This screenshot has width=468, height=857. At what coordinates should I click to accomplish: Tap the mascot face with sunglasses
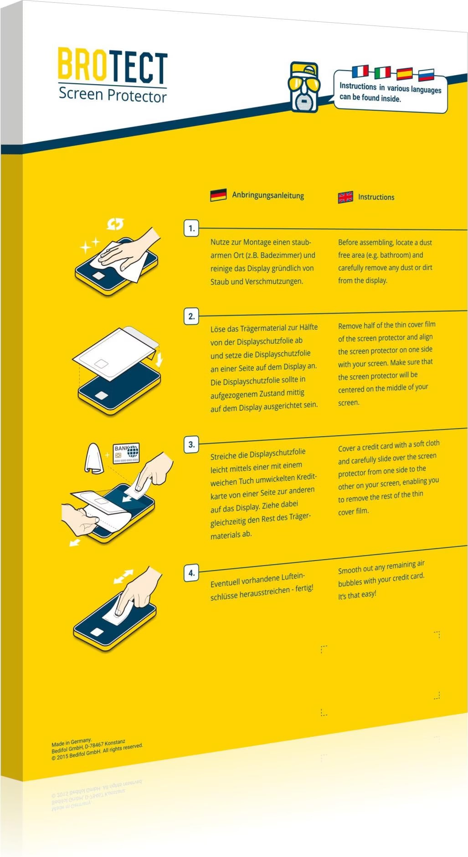click(304, 87)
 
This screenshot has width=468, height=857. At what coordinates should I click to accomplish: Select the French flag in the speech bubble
click(360, 71)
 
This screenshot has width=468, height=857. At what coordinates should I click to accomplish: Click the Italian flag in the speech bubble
click(382, 72)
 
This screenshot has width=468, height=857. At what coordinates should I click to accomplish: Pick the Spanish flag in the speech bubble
click(404, 74)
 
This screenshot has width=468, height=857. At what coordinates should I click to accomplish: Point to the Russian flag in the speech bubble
click(426, 75)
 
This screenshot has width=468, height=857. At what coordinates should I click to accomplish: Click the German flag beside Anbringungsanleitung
click(218, 195)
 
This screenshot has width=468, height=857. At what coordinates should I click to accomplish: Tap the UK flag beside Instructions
click(345, 197)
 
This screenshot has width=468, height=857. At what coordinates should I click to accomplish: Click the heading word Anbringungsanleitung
click(268, 195)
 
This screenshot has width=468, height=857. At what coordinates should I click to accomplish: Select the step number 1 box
click(191, 228)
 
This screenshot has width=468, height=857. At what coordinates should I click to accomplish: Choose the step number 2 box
click(191, 316)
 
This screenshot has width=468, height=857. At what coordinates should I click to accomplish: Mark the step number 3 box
click(191, 444)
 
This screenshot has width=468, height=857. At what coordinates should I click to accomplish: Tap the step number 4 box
click(191, 573)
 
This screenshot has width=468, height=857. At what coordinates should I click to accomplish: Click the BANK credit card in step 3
click(126, 454)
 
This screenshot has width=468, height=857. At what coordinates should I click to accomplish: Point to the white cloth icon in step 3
click(94, 459)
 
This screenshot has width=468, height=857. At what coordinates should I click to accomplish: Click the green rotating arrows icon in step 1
click(115, 224)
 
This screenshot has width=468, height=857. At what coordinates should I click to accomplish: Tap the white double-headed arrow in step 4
click(123, 576)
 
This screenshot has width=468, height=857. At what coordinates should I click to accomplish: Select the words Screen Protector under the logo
click(113, 95)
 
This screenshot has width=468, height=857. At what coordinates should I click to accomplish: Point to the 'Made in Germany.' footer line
click(72, 742)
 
